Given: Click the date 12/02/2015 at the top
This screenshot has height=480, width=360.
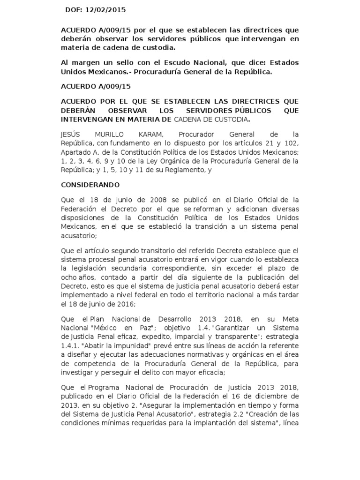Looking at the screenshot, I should [x=108, y=9].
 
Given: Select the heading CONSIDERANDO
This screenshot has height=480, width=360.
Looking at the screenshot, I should [x=90, y=185].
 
